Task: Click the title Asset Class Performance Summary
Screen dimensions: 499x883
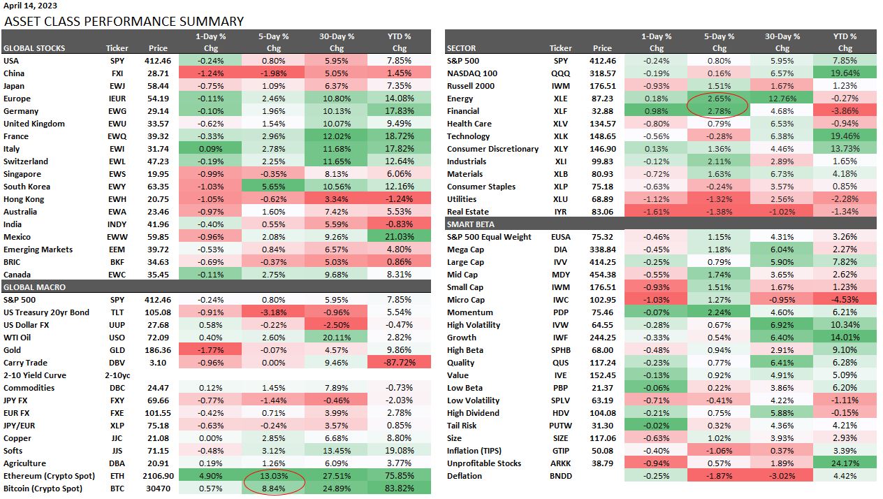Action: tap(124, 21)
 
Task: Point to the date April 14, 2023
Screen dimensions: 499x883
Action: tap(32, 6)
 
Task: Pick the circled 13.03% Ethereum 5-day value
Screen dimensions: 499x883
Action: tap(273, 476)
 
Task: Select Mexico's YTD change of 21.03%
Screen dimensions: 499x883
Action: tap(399, 237)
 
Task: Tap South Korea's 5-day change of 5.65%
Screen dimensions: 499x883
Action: tap(273, 187)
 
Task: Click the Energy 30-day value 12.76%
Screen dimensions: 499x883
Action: tap(782, 99)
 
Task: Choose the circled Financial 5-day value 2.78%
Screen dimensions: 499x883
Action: tap(719, 111)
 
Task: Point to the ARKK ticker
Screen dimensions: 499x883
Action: tap(560, 463)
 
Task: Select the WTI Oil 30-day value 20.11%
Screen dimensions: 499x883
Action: tap(336, 338)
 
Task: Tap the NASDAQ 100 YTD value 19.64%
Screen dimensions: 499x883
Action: tap(845, 73)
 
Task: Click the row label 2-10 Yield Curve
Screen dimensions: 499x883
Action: tap(35, 375)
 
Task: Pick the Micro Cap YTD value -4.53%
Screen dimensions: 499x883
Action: tap(845, 300)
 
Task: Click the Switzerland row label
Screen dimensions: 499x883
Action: tap(27, 161)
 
